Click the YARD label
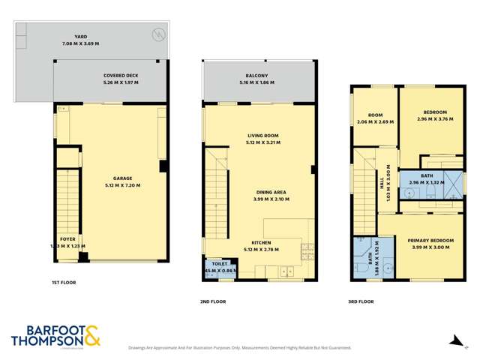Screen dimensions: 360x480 pos(81,35)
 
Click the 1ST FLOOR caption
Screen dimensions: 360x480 pos(64,283)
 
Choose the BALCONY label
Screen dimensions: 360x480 pos(257,76)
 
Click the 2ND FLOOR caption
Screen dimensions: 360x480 pos(213,301)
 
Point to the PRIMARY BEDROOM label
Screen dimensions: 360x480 pos(430,241)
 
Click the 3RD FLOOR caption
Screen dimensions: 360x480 pos(361,301)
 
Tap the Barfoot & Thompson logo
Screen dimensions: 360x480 pos(55,335)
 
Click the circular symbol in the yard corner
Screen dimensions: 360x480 pos(157,33)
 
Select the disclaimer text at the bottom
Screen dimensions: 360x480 pos(239,347)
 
